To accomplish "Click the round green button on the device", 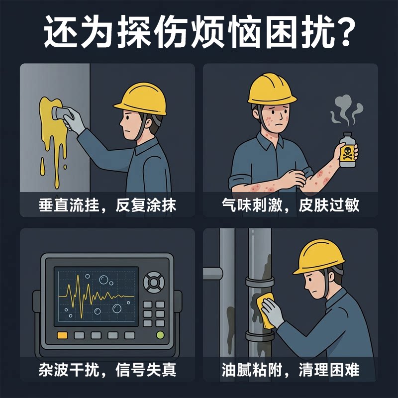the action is [x=160, y=335].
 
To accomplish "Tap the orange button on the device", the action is [x=63, y=335].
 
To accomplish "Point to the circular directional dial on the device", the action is [x=154, y=282].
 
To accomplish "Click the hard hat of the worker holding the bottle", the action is [x=272, y=89].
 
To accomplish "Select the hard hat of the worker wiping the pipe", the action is [x=319, y=257].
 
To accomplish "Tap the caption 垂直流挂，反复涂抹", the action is [x=107, y=205].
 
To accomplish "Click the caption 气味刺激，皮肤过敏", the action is [x=291, y=205].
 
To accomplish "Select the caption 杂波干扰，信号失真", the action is [x=107, y=370].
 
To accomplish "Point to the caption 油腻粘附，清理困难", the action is [x=291, y=370].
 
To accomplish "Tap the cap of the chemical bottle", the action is [x=347, y=134].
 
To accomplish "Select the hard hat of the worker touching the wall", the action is [x=142, y=99].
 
